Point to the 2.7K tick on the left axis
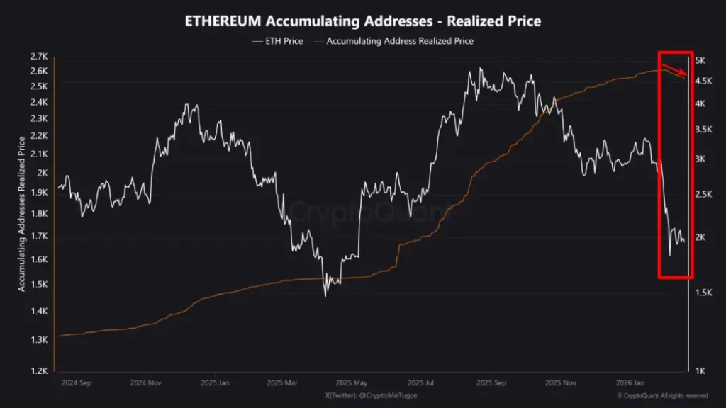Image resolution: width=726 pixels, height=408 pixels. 38,57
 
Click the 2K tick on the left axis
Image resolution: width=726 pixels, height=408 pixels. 42,172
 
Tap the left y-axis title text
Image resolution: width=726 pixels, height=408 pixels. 22,213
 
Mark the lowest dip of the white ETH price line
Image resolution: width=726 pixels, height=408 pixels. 325,295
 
